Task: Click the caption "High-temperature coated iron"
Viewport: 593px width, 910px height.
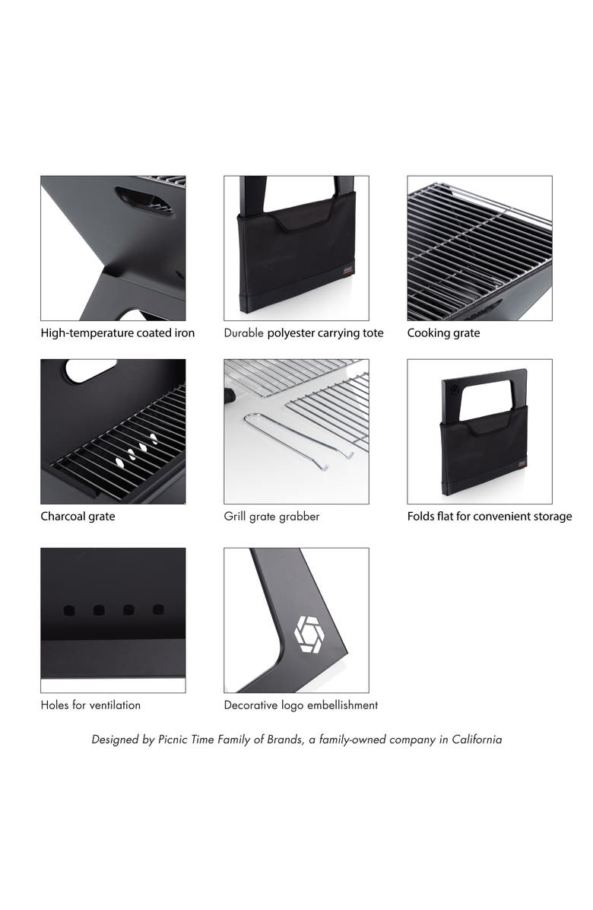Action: click(x=118, y=333)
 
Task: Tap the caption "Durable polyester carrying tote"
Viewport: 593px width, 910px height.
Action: click(x=304, y=333)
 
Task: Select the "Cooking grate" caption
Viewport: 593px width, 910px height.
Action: click(x=443, y=333)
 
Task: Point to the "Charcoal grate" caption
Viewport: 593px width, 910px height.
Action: click(x=78, y=517)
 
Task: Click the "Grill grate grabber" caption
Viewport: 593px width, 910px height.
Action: click(x=271, y=517)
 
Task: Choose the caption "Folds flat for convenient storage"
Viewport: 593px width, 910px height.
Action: click(x=490, y=517)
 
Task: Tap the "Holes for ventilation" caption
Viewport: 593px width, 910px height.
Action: click(x=90, y=705)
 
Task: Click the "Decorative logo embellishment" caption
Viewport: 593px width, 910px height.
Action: click(x=301, y=705)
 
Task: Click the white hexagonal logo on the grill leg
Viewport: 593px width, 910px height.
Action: click(x=309, y=635)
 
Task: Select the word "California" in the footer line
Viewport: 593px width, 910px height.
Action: click(x=477, y=740)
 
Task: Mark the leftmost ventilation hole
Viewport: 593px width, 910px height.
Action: click(x=69, y=610)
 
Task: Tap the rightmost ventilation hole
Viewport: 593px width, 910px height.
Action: click(x=158, y=609)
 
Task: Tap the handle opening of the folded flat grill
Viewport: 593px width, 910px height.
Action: click(x=485, y=400)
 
